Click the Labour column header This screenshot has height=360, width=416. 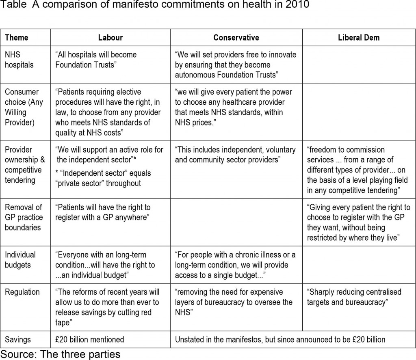pyautogui.click(x=110, y=38)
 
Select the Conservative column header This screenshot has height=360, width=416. pyautogui.click(x=236, y=38)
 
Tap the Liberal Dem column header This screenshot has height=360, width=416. pyautogui.click(x=358, y=38)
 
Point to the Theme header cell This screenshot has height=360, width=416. pyautogui.click(x=16, y=38)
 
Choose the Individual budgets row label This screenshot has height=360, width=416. pyautogui.click(x=20, y=260)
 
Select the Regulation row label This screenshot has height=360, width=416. pyautogui.click(x=22, y=292)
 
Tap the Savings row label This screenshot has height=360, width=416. pyautogui.click(x=18, y=339)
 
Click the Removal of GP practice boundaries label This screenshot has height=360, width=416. pyautogui.click(x=23, y=217)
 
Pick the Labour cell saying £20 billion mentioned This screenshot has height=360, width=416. pyautogui.click(x=90, y=339)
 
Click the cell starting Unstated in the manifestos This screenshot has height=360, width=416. pyautogui.click(x=280, y=339)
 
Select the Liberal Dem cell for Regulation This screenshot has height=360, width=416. pyautogui.click(x=354, y=297)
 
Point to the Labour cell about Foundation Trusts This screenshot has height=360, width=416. pyautogui.click(x=96, y=60)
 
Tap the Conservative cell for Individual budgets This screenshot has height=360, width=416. pyautogui.click(x=235, y=265)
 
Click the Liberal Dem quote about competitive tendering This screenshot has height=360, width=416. pyautogui.click(x=357, y=170)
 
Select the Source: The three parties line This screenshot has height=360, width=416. pyautogui.click(x=61, y=354)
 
